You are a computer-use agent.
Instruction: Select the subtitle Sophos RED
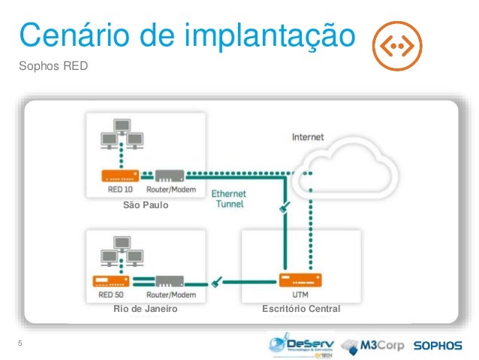tap(53, 66)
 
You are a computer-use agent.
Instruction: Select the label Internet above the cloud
tap(307, 138)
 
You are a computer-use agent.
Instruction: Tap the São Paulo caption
tap(146, 204)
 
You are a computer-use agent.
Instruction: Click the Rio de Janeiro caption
tap(146, 309)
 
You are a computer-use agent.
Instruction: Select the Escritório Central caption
tap(300, 309)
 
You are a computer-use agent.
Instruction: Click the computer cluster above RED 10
tap(120, 143)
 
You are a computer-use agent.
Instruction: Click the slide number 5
tap(20, 344)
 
